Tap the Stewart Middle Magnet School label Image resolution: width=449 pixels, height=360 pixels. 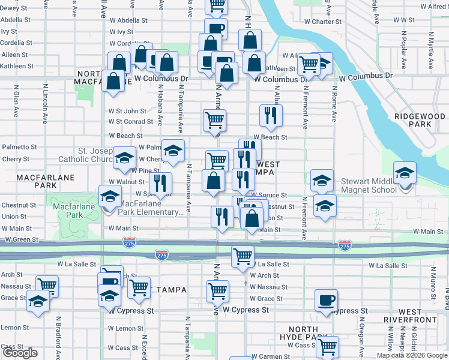[x=369, y=185]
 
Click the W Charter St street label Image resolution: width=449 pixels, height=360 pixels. [x=322, y=22]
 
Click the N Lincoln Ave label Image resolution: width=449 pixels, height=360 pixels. [x=45, y=103]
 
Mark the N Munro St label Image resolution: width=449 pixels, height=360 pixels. [x=432, y=281]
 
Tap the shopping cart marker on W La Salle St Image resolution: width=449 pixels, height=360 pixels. [x=243, y=256]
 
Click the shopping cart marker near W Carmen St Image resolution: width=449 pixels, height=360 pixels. [x=328, y=346]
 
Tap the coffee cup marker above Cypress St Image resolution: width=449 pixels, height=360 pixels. [x=326, y=299]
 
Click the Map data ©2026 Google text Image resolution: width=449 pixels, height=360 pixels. [x=412, y=355]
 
